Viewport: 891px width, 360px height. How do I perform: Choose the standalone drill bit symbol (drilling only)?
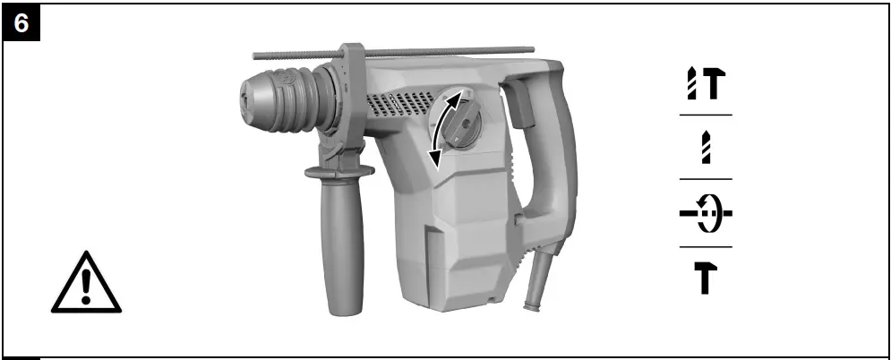click(705, 148)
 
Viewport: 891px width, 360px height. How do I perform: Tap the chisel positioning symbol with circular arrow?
click(705, 215)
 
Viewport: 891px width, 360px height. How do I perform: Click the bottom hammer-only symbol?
click(705, 279)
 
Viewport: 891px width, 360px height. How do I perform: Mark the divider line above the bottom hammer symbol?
click(705, 247)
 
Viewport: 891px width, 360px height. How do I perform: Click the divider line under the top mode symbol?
click(705, 116)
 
